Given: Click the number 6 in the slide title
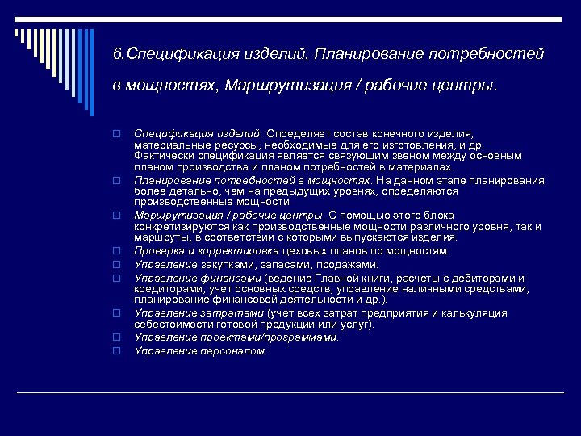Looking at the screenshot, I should tap(118, 54).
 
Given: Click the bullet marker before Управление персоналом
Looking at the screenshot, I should tap(116, 350).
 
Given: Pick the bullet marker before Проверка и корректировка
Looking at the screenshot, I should tap(116, 252).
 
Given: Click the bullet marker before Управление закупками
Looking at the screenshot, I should tap(116, 264).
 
